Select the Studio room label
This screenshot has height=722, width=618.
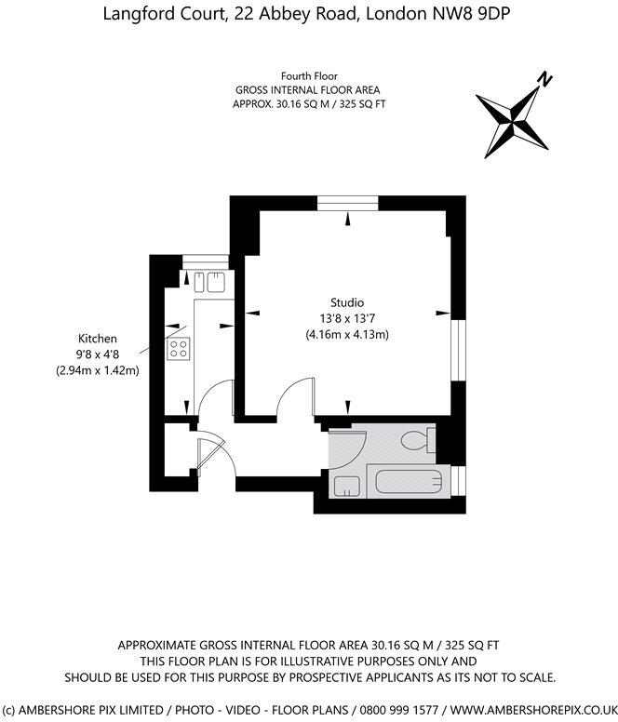point(346,302)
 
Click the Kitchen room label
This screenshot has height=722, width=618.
point(97,339)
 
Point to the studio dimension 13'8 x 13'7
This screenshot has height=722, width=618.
point(346,318)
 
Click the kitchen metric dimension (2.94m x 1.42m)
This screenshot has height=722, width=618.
point(97,370)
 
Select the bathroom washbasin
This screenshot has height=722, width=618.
point(346,485)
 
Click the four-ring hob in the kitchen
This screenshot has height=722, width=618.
point(178,349)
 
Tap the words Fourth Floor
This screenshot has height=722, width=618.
point(309,75)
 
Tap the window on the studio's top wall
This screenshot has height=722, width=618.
point(347,201)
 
